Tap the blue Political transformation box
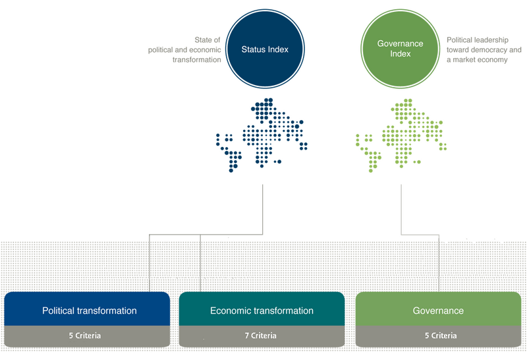(x=90, y=310)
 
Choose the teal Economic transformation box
(x=262, y=310)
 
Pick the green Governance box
(x=438, y=310)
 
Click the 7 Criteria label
(x=262, y=336)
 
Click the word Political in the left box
(x=61, y=311)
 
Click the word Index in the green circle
(x=399, y=53)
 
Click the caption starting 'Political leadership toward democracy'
(x=483, y=49)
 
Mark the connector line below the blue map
(x=263, y=208)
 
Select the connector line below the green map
(x=402, y=208)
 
